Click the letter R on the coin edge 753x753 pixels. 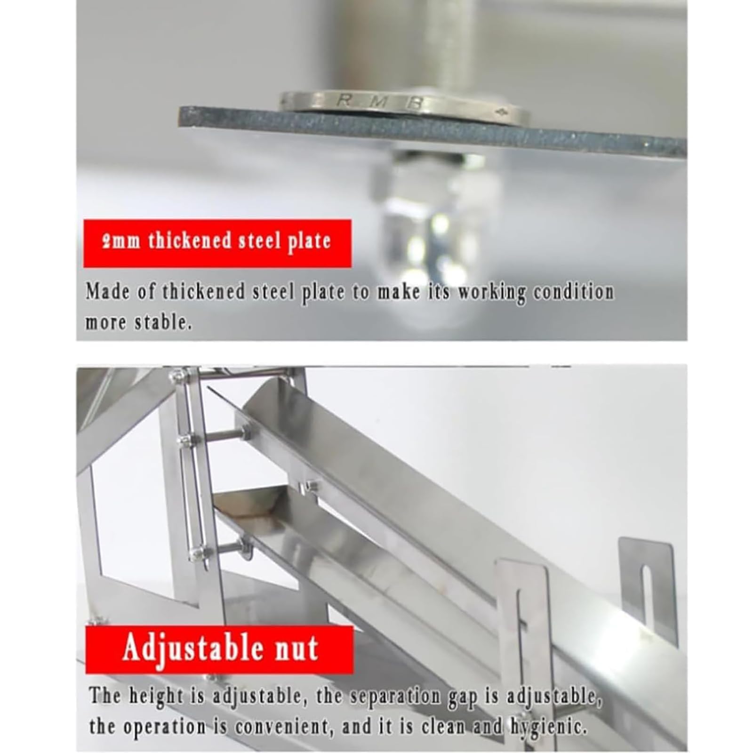tap(345, 100)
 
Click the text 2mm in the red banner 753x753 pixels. tap(124, 242)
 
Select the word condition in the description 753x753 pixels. tap(573, 292)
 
